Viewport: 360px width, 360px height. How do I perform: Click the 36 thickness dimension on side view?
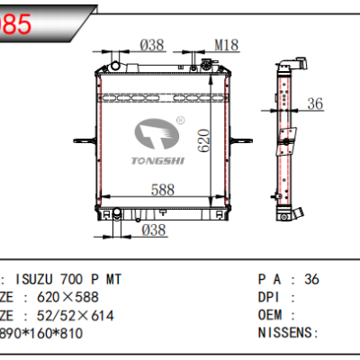314,105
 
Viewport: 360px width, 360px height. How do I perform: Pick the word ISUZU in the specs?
36,280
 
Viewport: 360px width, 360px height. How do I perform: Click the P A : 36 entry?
289,280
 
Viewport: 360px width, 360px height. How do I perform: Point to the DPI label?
271,297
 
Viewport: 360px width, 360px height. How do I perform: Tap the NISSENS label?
287,332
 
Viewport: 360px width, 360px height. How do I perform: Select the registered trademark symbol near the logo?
179,118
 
